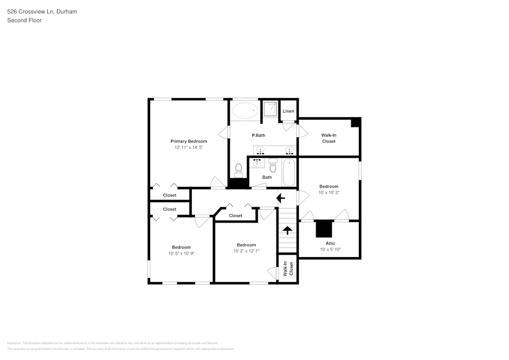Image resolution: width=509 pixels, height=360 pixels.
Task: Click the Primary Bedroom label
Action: (188, 141)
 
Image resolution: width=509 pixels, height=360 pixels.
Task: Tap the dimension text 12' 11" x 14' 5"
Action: (188, 148)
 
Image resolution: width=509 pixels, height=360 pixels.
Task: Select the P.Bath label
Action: (259, 135)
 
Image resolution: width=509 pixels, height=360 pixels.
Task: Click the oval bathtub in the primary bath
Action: (245, 110)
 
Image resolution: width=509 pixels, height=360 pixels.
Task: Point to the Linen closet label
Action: (288, 111)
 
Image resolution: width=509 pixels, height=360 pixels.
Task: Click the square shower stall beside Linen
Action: (270, 109)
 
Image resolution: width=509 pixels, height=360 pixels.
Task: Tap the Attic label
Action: (330, 243)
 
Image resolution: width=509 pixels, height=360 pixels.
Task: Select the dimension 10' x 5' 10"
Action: (330, 250)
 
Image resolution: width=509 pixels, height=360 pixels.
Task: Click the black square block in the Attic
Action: (324, 229)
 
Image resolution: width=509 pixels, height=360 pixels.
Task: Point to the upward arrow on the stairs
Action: (287, 230)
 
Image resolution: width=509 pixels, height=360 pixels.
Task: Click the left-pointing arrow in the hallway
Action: (280, 198)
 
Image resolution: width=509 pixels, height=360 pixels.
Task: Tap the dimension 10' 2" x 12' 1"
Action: (246, 251)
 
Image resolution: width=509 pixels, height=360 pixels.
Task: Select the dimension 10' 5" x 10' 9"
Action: (181, 253)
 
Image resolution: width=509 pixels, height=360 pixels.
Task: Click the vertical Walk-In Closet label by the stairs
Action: (288, 269)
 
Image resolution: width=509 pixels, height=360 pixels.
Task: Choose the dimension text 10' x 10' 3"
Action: (329, 192)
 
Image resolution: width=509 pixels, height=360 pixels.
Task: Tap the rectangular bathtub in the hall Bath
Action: (289, 172)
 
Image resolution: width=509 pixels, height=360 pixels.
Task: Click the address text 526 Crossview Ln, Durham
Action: (42, 11)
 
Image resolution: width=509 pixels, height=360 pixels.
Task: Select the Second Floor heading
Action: (24, 20)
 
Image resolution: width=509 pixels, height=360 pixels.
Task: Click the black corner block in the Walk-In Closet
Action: (356, 122)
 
